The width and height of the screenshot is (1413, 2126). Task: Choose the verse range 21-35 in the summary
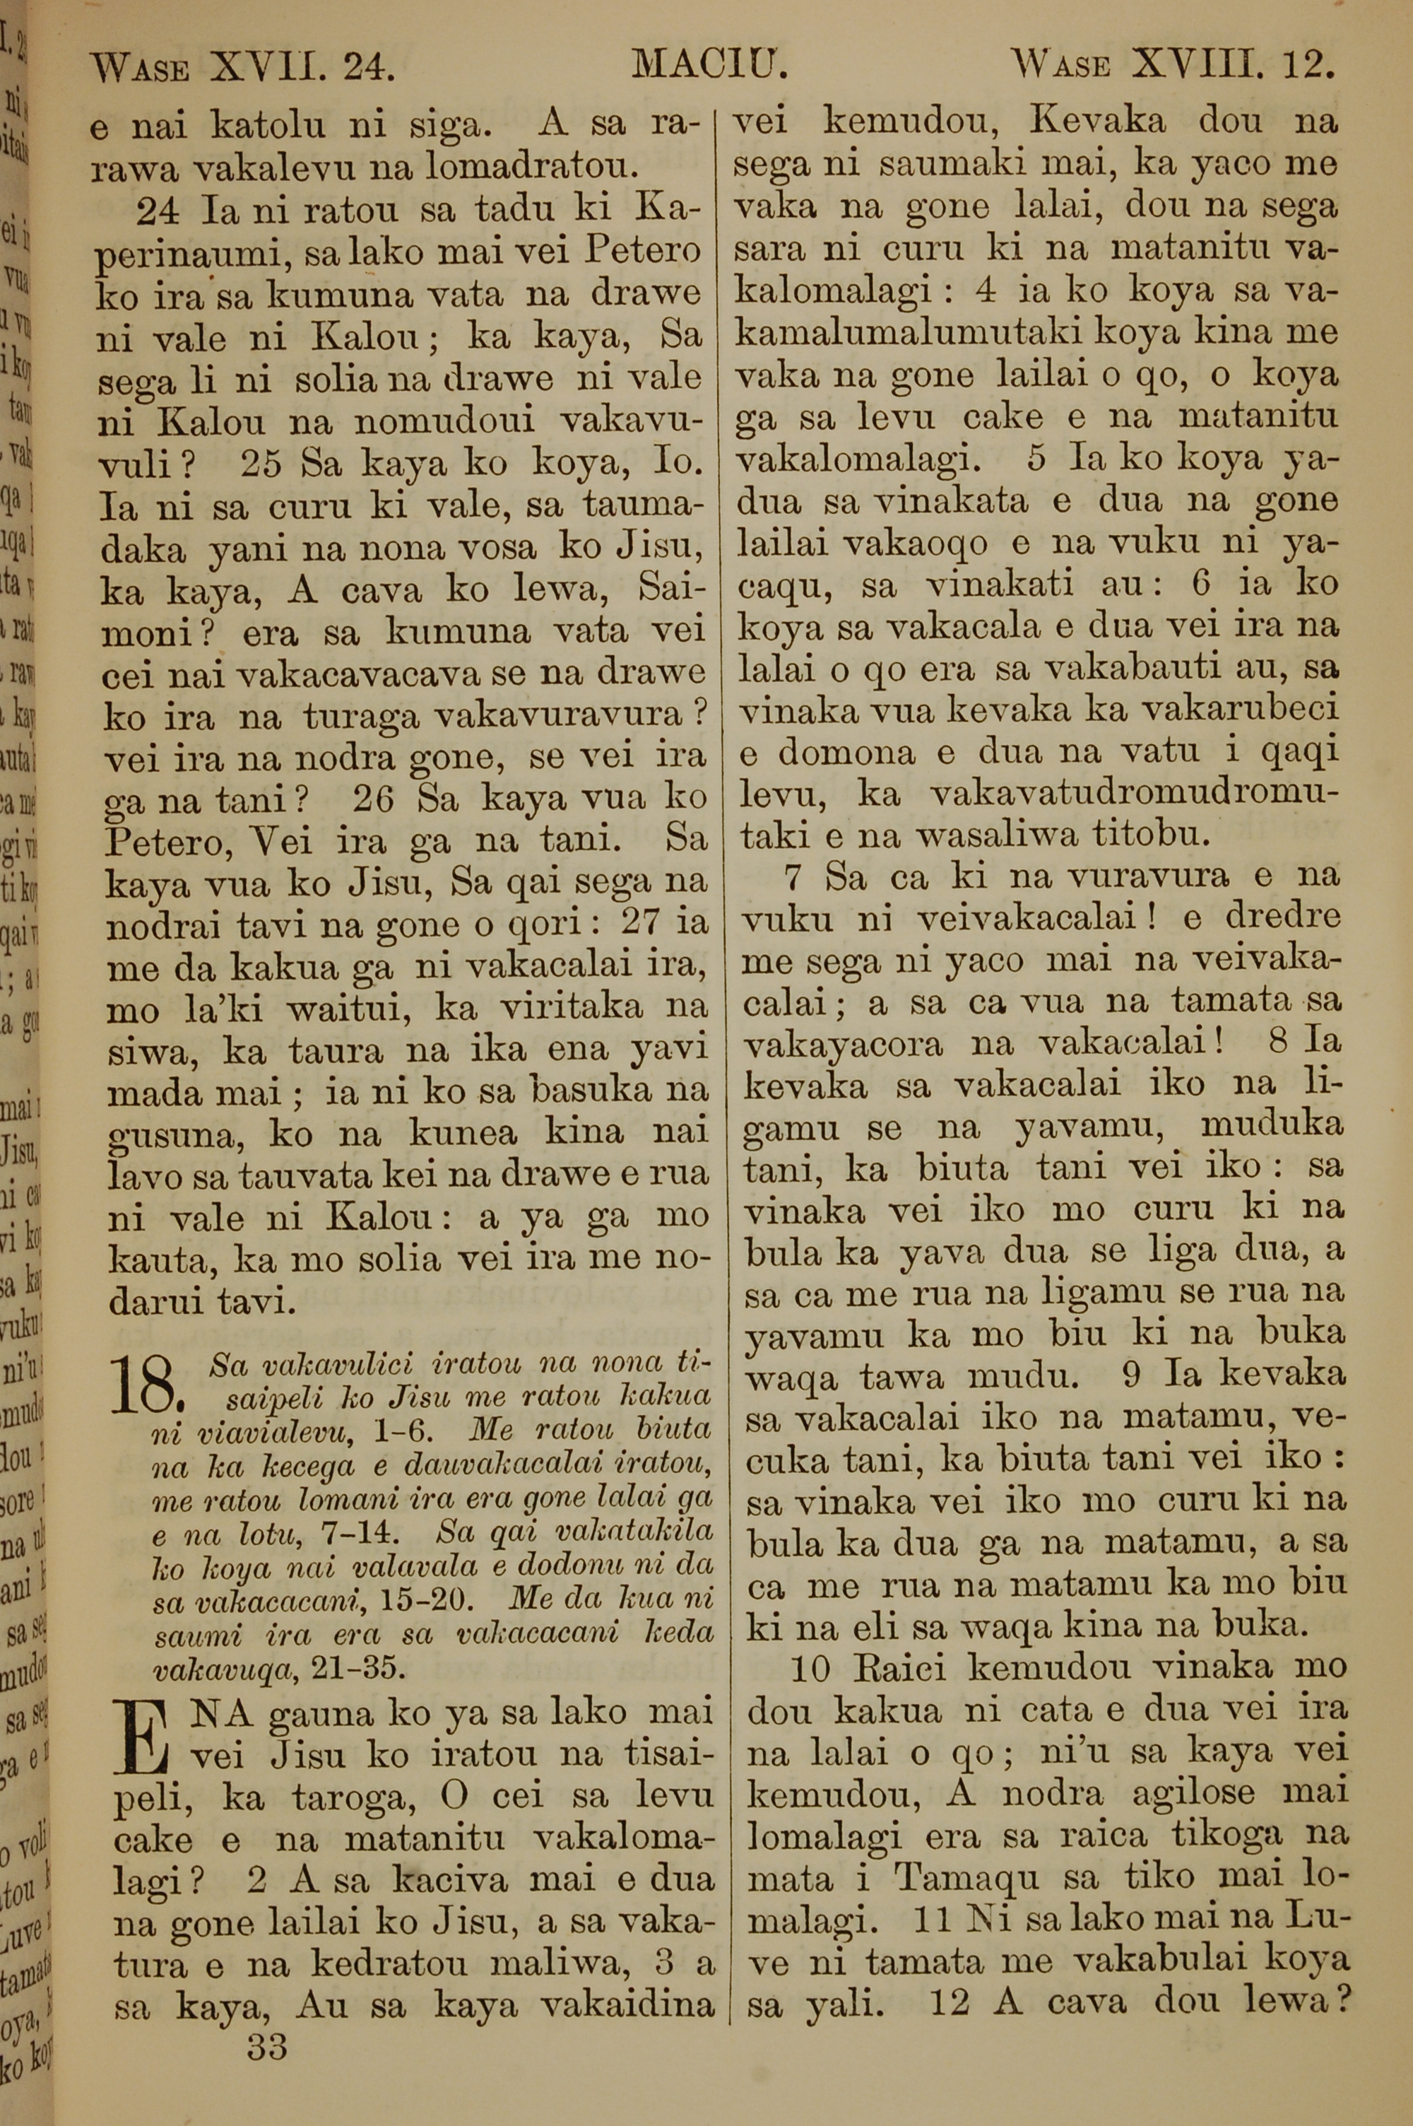coord(356,1667)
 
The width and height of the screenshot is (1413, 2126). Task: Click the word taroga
coord(350,1798)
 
